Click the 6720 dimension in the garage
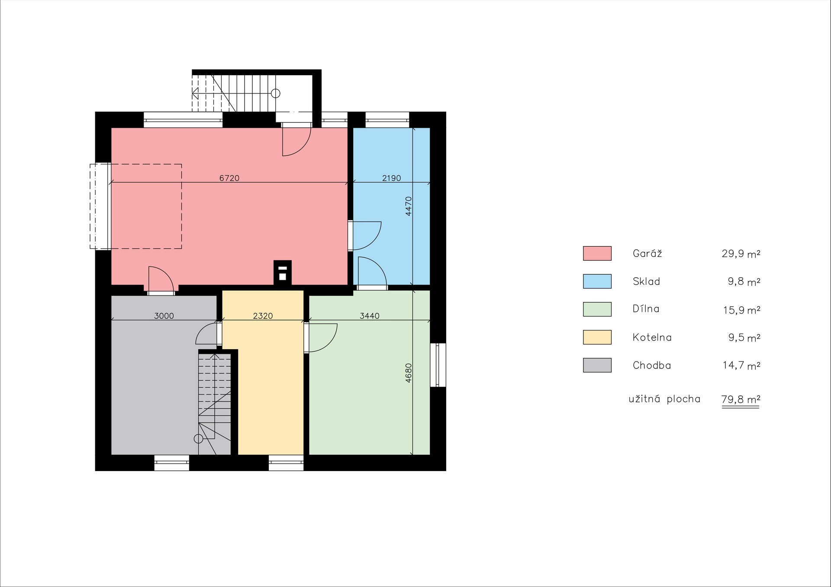(x=229, y=178)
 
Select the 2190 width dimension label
(x=391, y=178)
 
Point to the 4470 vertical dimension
(x=408, y=206)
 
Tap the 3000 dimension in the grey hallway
(x=164, y=316)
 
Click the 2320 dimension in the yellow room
(x=263, y=316)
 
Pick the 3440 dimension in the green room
(x=370, y=316)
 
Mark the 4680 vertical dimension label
(x=408, y=372)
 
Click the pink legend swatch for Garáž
(x=597, y=253)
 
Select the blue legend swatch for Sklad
(x=597, y=281)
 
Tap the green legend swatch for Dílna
(x=597, y=309)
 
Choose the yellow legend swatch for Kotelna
(x=597, y=337)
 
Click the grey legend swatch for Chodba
(x=597, y=365)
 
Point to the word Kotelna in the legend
(x=652, y=337)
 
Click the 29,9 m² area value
(x=741, y=254)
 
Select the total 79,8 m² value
(x=741, y=399)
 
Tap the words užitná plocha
(x=664, y=398)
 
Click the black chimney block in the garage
(x=283, y=273)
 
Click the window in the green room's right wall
(x=438, y=365)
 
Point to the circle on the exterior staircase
(x=275, y=93)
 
